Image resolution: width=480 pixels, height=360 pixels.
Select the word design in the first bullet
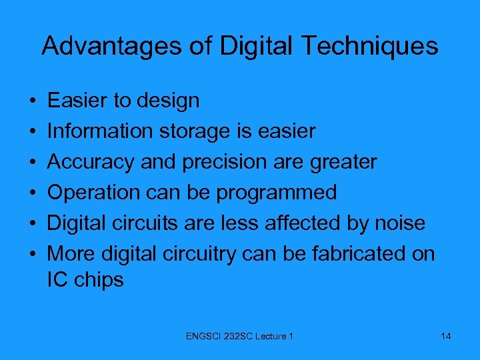(168, 101)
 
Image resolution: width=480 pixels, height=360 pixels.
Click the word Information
(100, 131)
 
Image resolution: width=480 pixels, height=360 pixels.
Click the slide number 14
(446, 336)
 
